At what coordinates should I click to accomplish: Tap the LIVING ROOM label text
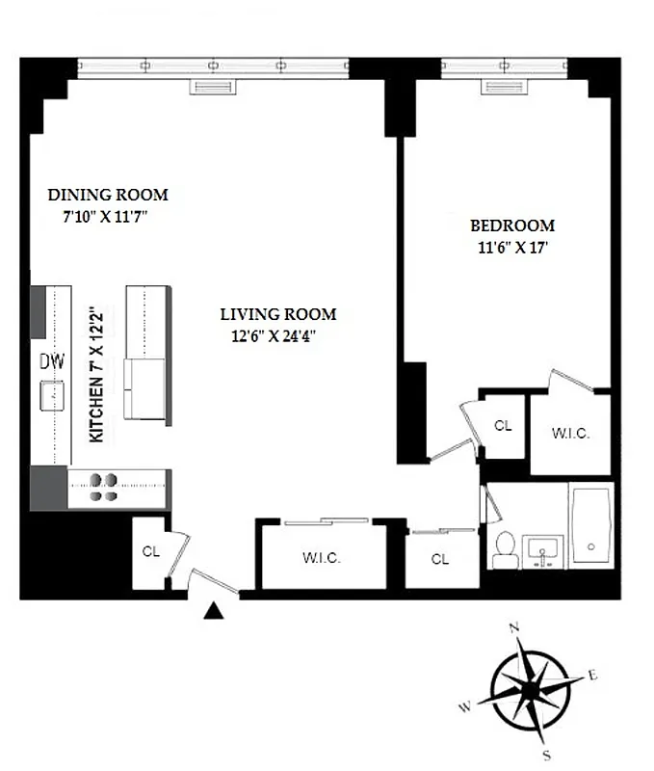278,314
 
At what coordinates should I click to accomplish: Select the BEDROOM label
511,226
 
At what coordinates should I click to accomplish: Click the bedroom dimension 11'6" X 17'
511,247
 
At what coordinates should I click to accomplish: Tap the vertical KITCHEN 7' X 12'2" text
96,374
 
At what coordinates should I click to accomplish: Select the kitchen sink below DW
52,395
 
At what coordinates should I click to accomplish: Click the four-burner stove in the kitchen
104,488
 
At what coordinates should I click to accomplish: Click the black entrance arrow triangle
216,610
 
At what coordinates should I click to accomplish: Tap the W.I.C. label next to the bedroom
570,434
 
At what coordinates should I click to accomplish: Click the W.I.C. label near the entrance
321,558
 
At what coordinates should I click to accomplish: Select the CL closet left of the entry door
150,552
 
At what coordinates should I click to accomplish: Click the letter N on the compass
514,628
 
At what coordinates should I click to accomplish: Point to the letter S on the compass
546,755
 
